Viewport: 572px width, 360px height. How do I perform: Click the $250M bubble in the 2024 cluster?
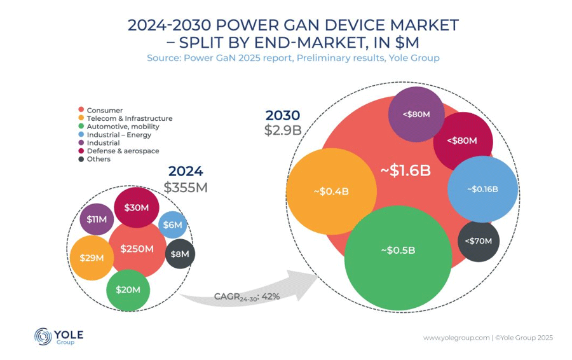point(138,249)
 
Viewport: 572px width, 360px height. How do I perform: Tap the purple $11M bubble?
point(97,219)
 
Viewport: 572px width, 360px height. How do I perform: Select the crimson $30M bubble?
point(136,207)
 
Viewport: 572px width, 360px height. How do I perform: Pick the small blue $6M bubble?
point(172,225)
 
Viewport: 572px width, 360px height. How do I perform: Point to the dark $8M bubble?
point(180,254)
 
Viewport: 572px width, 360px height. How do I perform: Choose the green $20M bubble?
point(128,289)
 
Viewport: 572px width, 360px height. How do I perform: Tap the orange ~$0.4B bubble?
point(331,191)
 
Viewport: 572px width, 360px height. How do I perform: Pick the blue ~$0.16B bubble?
point(482,189)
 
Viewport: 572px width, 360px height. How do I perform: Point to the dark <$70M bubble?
point(479,241)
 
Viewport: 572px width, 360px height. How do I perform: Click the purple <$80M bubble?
point(416,114)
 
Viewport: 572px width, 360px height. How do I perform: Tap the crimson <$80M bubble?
point(462,141)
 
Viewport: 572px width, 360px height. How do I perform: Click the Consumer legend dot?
point(81,111)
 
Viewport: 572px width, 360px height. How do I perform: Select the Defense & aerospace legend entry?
point(123,151)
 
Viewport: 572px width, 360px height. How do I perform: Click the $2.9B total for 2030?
point(282,130)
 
